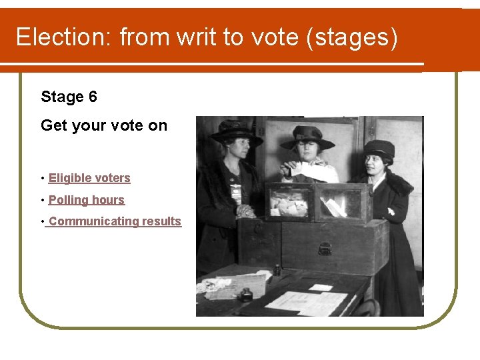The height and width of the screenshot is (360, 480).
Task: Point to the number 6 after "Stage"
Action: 92,97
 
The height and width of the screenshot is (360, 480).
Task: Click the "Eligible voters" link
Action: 89,178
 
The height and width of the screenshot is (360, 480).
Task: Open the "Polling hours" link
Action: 87,200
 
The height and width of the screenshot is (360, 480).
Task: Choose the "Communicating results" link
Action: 114,221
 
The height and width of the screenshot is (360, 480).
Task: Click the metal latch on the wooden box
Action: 325,249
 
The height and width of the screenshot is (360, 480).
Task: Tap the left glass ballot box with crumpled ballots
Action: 288,202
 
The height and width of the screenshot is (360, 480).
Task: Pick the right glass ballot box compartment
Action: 341,202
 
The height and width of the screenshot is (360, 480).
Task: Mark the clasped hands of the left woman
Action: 245,211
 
